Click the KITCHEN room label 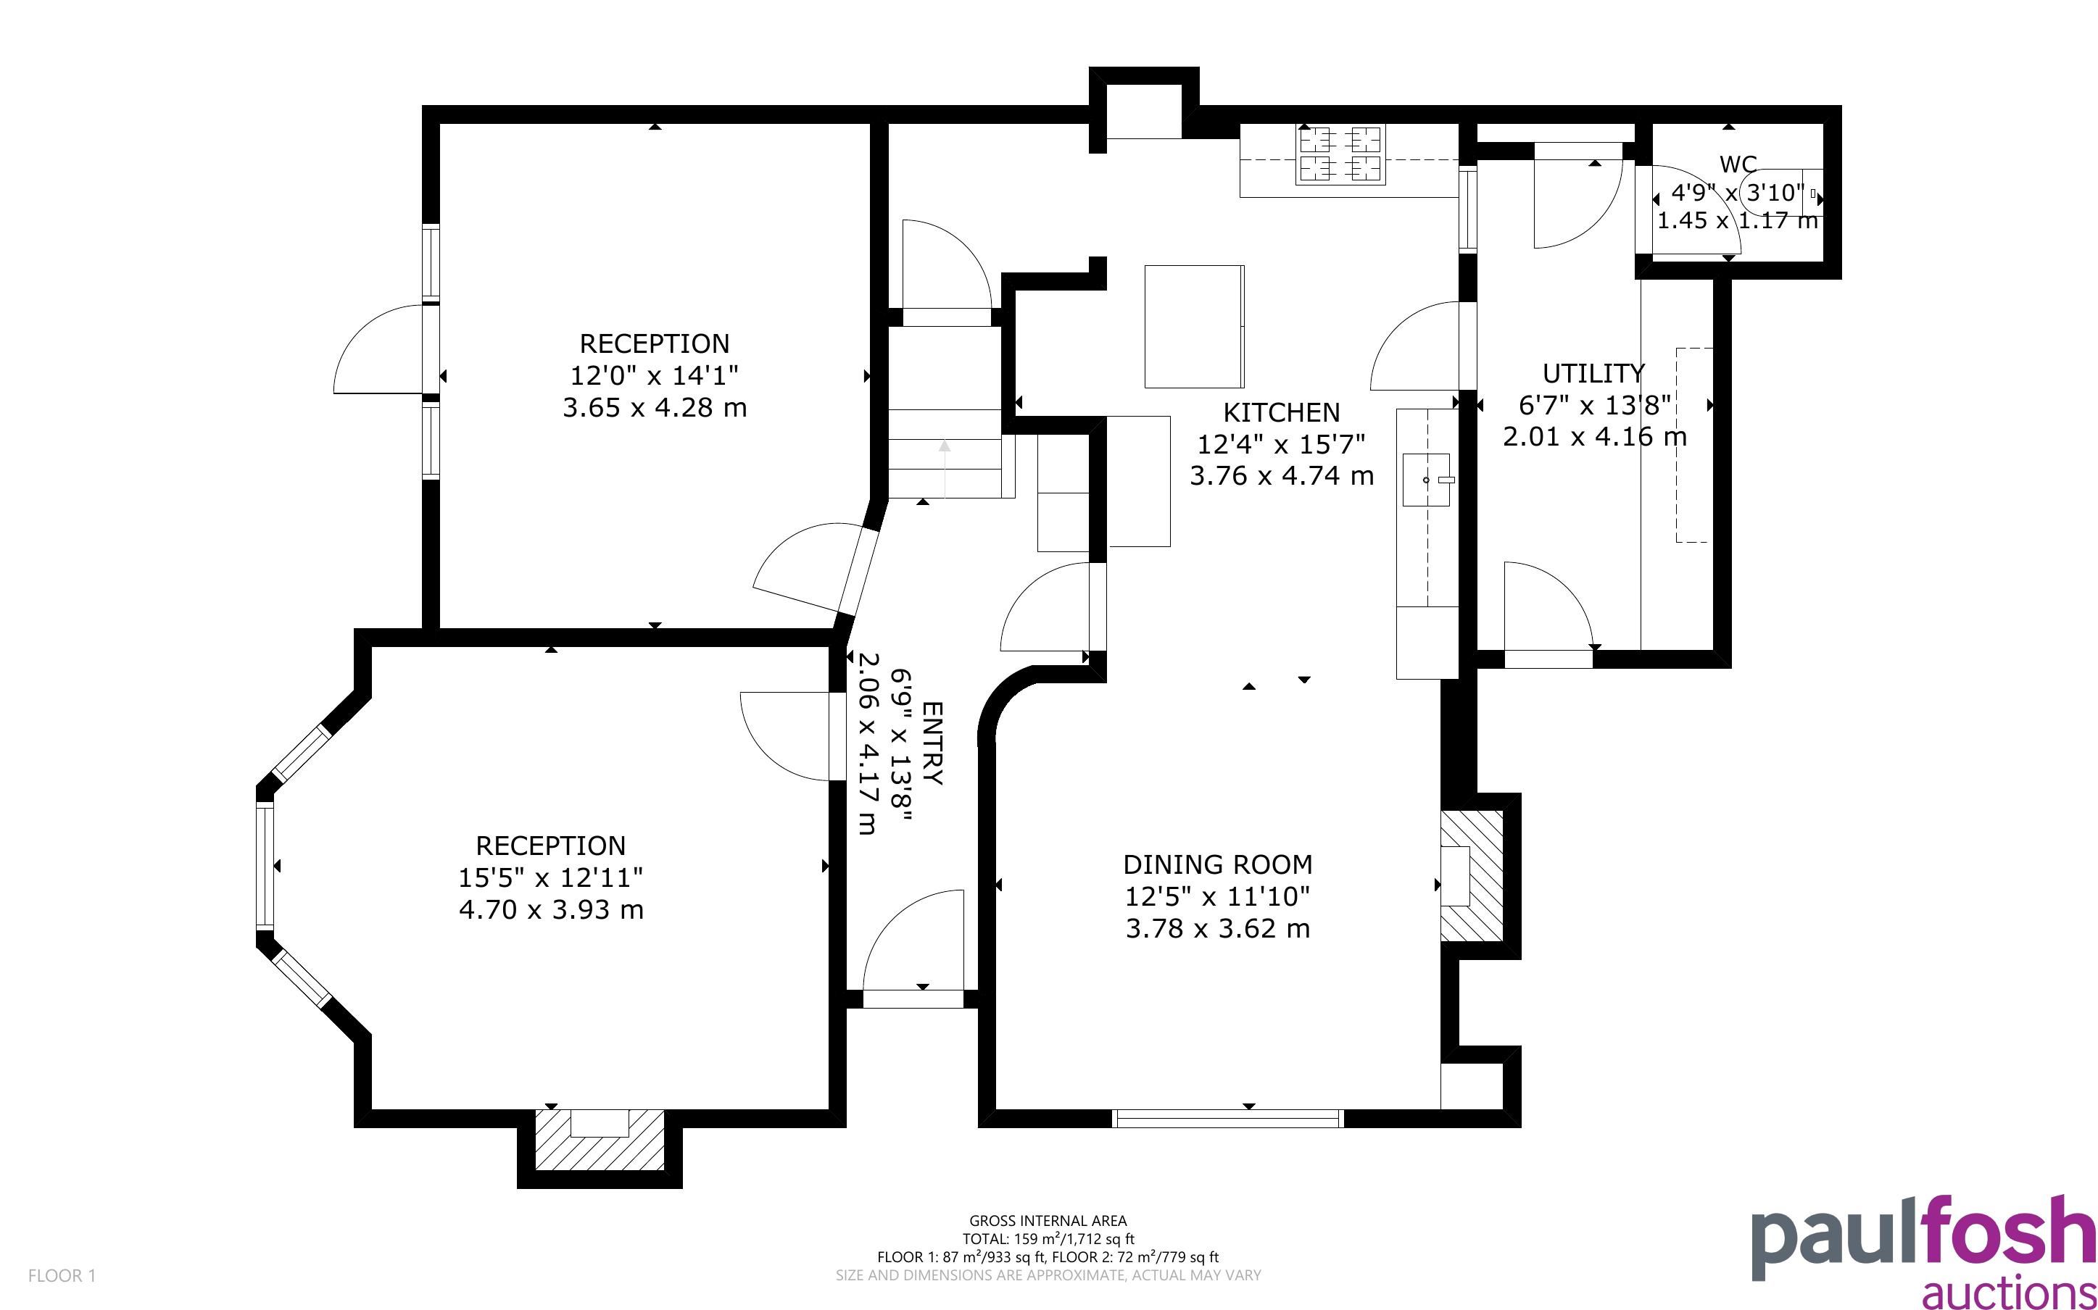(x=1281, y=412)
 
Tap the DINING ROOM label (x=1218, y=864)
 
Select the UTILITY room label (x=1593, y=373)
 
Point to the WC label (x=1738, y=164)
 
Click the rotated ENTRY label (x=931, y=743)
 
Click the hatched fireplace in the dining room (x=1472, y=876)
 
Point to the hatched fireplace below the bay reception (x=600, y=1138)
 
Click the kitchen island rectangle (x=1194, y=327)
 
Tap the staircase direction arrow (x=945, y=468)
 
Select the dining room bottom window (x=1228, y=1118)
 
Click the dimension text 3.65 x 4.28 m (x=655, y=407)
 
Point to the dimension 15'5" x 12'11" (x=550, y=877)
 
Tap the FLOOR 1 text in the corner (x=62, y=1275)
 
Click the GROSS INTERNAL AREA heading (x=1048, y=1221)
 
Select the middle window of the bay (x=265, y=867)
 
